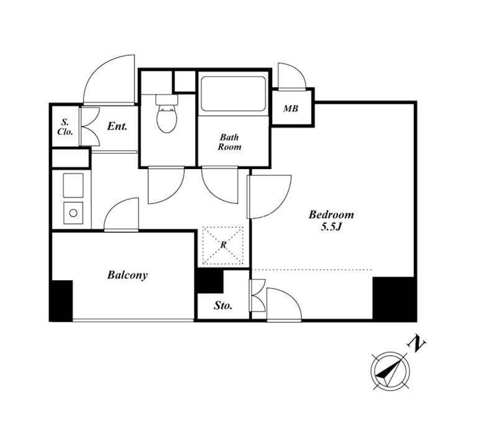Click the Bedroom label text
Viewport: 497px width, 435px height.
pos(331,214)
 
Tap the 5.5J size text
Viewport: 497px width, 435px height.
pos(331,227)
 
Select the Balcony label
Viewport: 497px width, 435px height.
pos(127,275)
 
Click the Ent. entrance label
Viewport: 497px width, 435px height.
pos(117,126)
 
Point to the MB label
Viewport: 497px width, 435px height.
pos(291,108)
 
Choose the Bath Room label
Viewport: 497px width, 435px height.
pos(229,142)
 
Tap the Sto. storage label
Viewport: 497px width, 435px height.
pos(223,306)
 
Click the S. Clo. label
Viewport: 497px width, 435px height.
pos(65,127)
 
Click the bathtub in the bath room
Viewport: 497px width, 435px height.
pos(234,94)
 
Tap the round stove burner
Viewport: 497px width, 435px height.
pos(73,213)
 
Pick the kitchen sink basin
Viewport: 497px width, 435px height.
pos(73,185)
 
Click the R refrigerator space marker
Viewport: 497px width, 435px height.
pos(223,245)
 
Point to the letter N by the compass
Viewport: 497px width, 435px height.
pos(416,344)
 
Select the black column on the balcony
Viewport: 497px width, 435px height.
pos(61,301)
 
